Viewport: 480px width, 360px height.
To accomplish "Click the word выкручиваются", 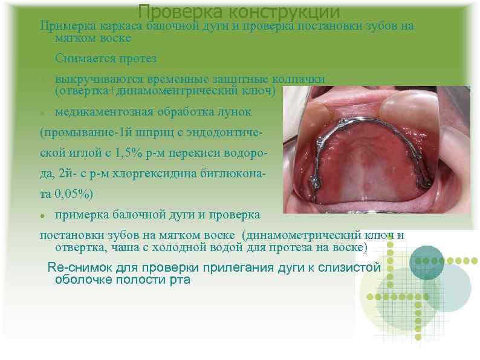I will click(97, 79).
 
